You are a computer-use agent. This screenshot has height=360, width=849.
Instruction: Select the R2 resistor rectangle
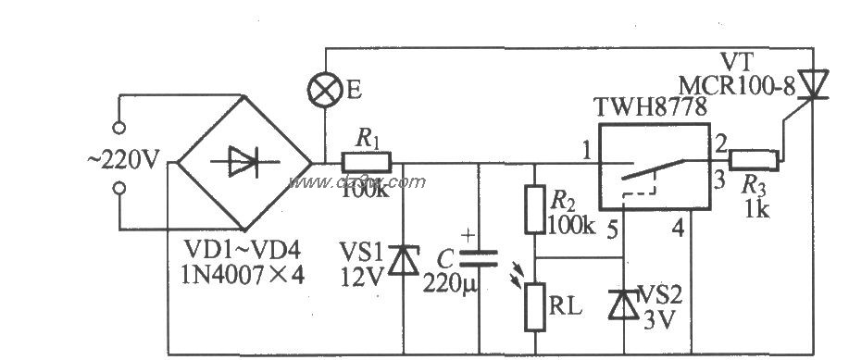[x=532, y=209]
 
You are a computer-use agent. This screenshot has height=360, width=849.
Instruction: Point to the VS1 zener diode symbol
[x=403, y=260]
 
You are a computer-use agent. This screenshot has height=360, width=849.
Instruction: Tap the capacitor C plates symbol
[x=480, y=258]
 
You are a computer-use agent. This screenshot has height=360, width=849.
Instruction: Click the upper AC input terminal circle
[x=119, y=127]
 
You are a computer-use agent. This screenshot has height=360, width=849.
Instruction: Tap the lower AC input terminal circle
[x=119, y=191]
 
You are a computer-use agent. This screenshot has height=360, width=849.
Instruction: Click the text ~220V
[x=125, y=159]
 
